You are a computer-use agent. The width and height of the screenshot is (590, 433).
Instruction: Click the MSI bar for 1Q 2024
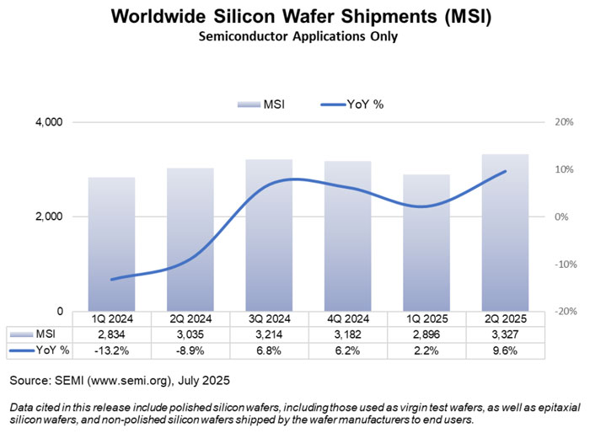point(112,244)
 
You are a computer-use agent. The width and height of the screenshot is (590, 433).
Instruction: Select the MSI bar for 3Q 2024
point(270,235)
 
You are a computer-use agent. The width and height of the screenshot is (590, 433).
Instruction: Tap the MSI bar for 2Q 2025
point(506,233)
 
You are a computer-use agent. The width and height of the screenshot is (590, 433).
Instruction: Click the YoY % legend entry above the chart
point(353,104)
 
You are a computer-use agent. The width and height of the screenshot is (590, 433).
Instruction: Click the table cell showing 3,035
point(190,334)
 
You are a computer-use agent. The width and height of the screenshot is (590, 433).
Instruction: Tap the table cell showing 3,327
point(506,334)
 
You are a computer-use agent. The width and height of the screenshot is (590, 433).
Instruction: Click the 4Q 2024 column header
point(348,319)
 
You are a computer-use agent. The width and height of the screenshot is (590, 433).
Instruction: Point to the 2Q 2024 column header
point(190,319)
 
